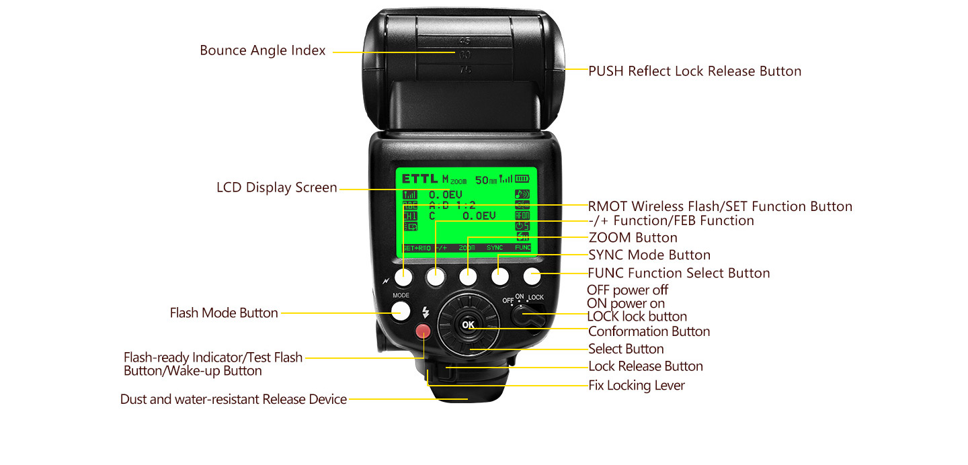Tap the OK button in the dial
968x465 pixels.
(468, 325)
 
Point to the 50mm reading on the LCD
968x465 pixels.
(485, 180)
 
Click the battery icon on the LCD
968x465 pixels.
(522, 179)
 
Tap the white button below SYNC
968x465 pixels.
(499, 276)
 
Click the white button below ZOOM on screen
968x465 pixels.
(468, 276)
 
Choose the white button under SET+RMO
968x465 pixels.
(404, 276)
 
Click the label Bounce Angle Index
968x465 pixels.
(262, 51)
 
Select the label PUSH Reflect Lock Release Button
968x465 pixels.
(694, 71)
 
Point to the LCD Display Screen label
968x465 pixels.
(276, 188)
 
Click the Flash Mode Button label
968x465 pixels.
(224, 313)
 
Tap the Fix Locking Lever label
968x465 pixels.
(636, 386)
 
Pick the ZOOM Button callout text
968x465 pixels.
(633, 238)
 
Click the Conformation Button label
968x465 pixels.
(649, 332)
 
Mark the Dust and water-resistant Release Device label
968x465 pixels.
(233, 400)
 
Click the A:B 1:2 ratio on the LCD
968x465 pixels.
(452, 205)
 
